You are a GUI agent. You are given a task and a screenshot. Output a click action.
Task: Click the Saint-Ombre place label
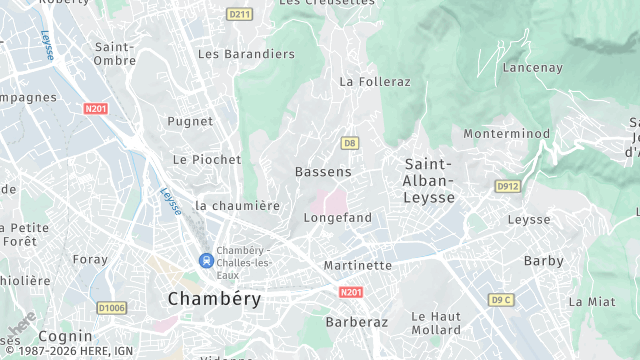point(114,54)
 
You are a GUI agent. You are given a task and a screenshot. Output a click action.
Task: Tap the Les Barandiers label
point(246,54)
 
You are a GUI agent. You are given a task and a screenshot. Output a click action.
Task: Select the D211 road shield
point(238,14)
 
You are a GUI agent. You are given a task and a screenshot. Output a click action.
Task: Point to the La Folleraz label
point(375,81)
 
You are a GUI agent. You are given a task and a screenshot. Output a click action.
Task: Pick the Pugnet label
point(190,121)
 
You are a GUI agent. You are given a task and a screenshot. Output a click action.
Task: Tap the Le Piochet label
point(207,159)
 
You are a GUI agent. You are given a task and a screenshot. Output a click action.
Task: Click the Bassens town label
point(323,172)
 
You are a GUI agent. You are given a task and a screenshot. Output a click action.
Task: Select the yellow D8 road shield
point(349,143)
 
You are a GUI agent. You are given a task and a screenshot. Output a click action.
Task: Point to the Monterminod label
point(506,133)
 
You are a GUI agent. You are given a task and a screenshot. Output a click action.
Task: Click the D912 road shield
point(508,186)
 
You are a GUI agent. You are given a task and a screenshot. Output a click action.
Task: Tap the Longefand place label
point(337,217)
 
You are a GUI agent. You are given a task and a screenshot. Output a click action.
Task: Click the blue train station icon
point(206,260)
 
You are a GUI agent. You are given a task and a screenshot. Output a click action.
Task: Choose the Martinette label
point(358,265)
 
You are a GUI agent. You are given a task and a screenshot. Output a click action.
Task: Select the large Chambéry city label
point(214,298)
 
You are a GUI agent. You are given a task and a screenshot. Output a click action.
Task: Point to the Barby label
point(544,261)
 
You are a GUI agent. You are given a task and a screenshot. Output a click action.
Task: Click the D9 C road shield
point(501,299)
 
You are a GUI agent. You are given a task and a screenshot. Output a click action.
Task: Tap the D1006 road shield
point(111,308)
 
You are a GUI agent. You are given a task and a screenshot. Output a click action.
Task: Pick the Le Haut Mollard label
point(436,323)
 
